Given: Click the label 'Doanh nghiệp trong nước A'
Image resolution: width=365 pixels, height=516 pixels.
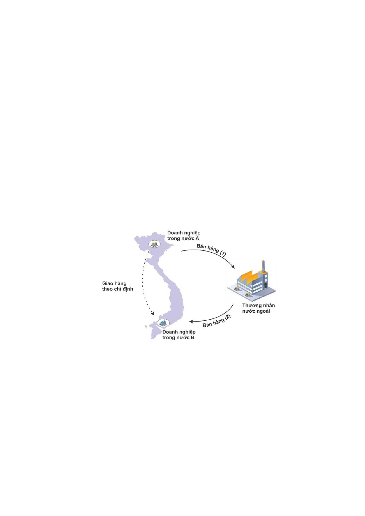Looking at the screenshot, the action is (184, 235).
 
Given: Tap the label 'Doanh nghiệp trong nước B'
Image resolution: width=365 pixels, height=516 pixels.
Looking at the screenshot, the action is (179, 335).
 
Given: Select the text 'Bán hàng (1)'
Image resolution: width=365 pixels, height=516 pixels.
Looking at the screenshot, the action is (211, 250).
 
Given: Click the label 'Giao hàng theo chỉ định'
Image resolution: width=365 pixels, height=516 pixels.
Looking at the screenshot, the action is (118, 286).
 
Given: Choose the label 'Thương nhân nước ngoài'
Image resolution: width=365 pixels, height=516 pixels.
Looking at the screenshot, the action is (258, 308).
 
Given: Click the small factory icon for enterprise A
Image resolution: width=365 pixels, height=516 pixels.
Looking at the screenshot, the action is (154, 243).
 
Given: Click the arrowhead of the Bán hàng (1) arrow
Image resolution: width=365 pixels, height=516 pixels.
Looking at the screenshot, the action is (233, 267).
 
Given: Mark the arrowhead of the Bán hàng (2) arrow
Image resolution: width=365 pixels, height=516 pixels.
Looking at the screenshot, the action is (191, 321).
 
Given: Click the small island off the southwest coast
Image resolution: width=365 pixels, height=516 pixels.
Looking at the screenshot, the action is (145, 326).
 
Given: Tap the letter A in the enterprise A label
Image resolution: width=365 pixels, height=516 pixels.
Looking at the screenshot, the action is (197, 239).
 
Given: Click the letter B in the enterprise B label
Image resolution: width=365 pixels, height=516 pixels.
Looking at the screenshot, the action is (193, 338).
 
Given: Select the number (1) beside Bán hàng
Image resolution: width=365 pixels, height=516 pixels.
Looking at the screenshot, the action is (223, 254).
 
